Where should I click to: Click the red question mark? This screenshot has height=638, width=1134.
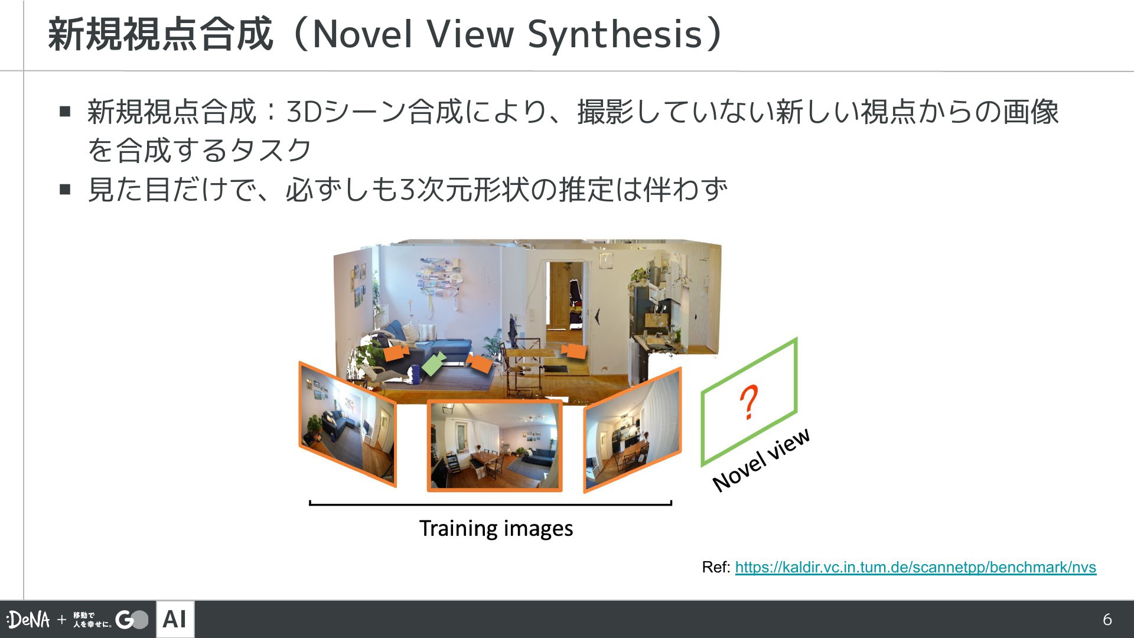coord(749,402)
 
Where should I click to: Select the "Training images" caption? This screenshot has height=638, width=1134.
coord(496,528)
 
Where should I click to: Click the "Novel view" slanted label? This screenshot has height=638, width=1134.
coord(761,460)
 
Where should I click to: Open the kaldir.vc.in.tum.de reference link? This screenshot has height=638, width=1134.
coord(915,568)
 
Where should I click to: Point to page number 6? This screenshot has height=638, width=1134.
coord(1107,619)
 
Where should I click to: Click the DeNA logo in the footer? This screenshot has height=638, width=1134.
coord(28,619)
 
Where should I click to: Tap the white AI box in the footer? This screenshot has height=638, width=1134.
coord(175,619)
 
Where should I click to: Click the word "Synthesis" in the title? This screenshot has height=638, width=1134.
coord(615,35)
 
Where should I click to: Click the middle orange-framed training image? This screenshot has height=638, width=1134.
coord(495,446)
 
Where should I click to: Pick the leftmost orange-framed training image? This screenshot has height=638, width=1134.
coord(347,424)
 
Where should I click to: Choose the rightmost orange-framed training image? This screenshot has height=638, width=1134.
coord(633,430)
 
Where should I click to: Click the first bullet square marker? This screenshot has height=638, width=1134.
coord(65,111)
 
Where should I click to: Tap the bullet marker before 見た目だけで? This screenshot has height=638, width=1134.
coord(65,190)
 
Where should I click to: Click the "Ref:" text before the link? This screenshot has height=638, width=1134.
coord(716,568)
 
